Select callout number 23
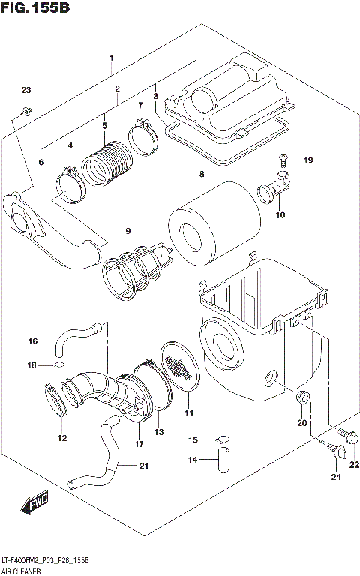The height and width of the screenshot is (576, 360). pyautogui.click(x=26, y=91)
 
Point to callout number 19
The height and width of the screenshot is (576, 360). pyautogui.click(x=307, y=160)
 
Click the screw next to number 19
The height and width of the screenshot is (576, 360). pyautogui.click(x=283, y=158)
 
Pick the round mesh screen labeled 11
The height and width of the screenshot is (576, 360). pyautogui.click(x=179, y=367)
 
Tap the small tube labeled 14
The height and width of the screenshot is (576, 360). pyautogui.click(x=222, y=460)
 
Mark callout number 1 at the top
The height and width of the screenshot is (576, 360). pyautogui.click(x=111, y=58)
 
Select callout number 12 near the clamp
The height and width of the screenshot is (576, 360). pyautogui.click(x=61, y=438)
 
